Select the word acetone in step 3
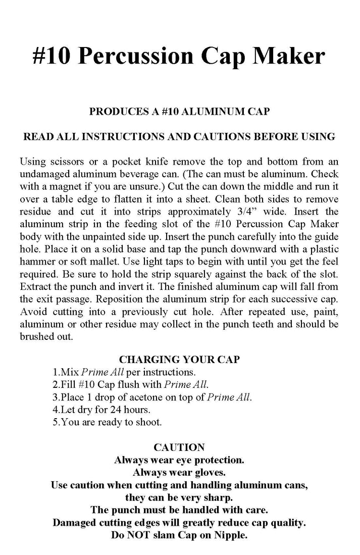(x=136, y=397)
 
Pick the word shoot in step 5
(x=149, y=422)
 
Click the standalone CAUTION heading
(x=179, y=447)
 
